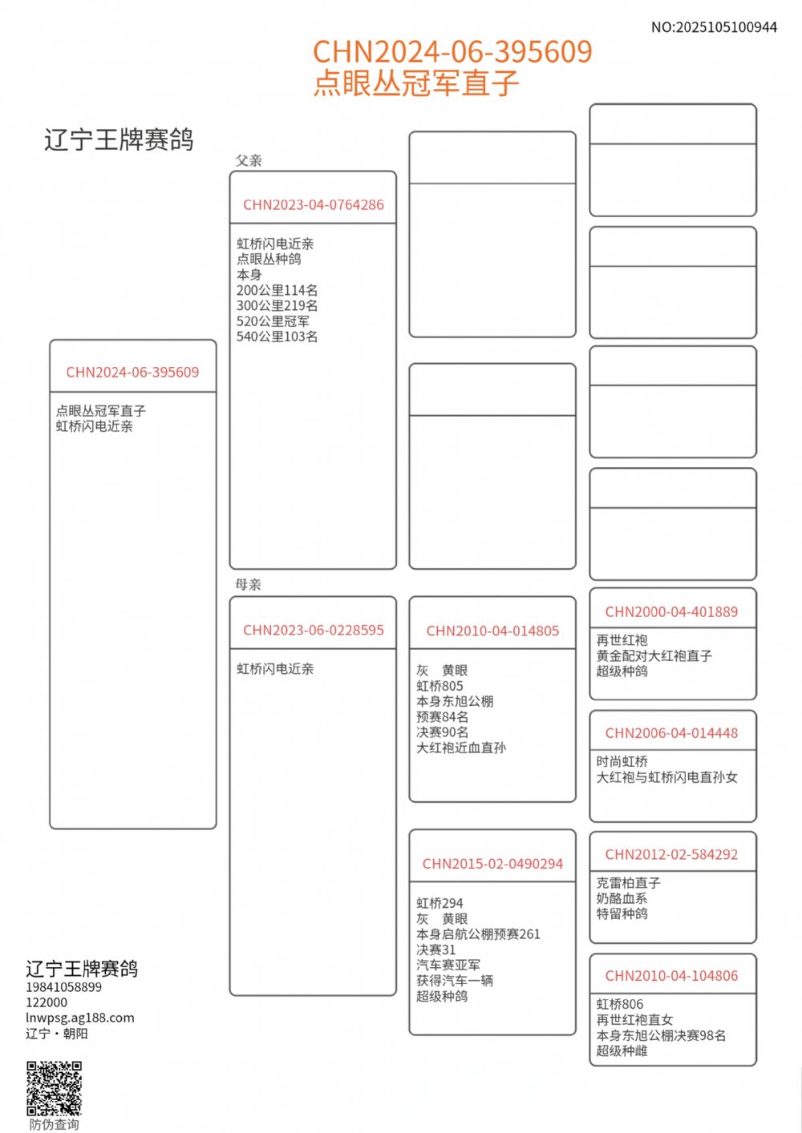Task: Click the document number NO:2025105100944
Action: click(x=714, y=27)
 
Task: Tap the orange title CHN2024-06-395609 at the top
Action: click(x=452, y=52)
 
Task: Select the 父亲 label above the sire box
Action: click(x=249, y=160)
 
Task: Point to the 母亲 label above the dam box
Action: click(x=249, y=584)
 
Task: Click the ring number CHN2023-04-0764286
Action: click(x=314, y=204)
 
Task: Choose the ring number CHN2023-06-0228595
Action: click(x=314, y=630)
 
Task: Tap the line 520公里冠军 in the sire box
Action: click(x=273, y=321)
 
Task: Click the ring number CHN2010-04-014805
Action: click(x=492, y=631)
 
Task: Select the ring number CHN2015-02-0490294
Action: click(x=492, y=864)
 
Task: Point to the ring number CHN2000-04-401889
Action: click(x=671, y=611)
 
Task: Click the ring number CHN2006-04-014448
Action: click(x=671, y=732)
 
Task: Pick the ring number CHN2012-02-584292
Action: click(x=671, y=854)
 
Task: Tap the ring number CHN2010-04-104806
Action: click(x=671, y=975)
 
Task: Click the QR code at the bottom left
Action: click(x=55, y=1088)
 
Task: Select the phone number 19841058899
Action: click(x=63, y=987)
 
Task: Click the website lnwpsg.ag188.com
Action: click(x=80, y=1018)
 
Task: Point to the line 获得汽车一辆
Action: click(x=455, y=980)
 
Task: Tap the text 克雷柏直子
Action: click(x=628, y=882)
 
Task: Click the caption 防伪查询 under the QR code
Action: click(x=55, y=1124)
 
